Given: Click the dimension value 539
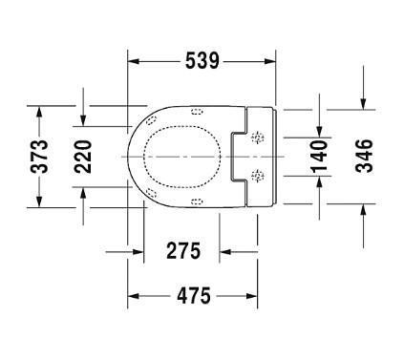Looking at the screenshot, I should click(x=202, y=61).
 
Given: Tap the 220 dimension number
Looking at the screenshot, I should click(x=83, y=154).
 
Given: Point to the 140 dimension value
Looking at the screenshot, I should click(x=320, y=156).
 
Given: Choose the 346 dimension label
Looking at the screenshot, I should click(x=364, y=156).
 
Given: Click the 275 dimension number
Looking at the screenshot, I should click(x=182, y=251).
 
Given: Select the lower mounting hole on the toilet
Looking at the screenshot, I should click(x=256, y=175).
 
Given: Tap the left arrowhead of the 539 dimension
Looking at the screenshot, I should click(x=134, y=61).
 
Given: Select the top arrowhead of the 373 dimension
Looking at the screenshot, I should click(x=39, y=110).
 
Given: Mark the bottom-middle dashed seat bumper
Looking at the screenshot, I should click(x=198, y=201).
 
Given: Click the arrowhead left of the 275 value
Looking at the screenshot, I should click(x=138, y=251).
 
